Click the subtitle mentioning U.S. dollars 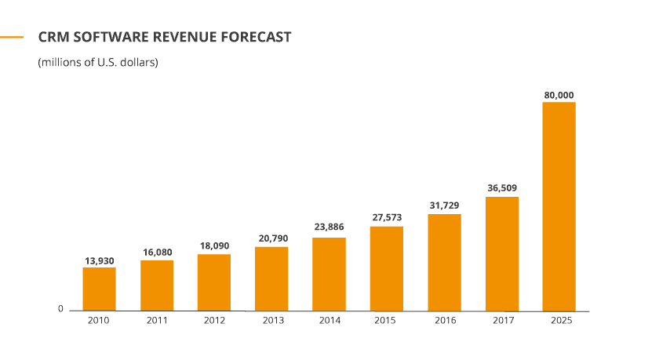pos(98,63)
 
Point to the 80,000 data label pos(559,95)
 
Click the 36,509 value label pos(502,188)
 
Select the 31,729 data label pos(445,205)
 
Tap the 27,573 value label pos(387,217)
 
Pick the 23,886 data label pos(330,227)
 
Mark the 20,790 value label pos(273,238)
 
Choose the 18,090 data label pos(214,245)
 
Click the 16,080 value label pos(157,253)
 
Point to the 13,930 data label pos(99,260)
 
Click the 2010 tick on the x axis pos(99,320)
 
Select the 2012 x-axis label pos(214,320)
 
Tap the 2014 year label pos(330,320)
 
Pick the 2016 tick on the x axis pos(445,320)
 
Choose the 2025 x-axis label pos(561,320)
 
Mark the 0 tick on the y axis pos(60,309)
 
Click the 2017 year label pos(503,320)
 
